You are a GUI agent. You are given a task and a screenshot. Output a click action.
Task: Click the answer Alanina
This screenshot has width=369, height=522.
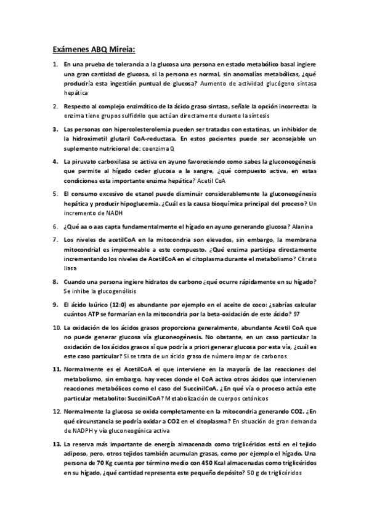tap(301, 227)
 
